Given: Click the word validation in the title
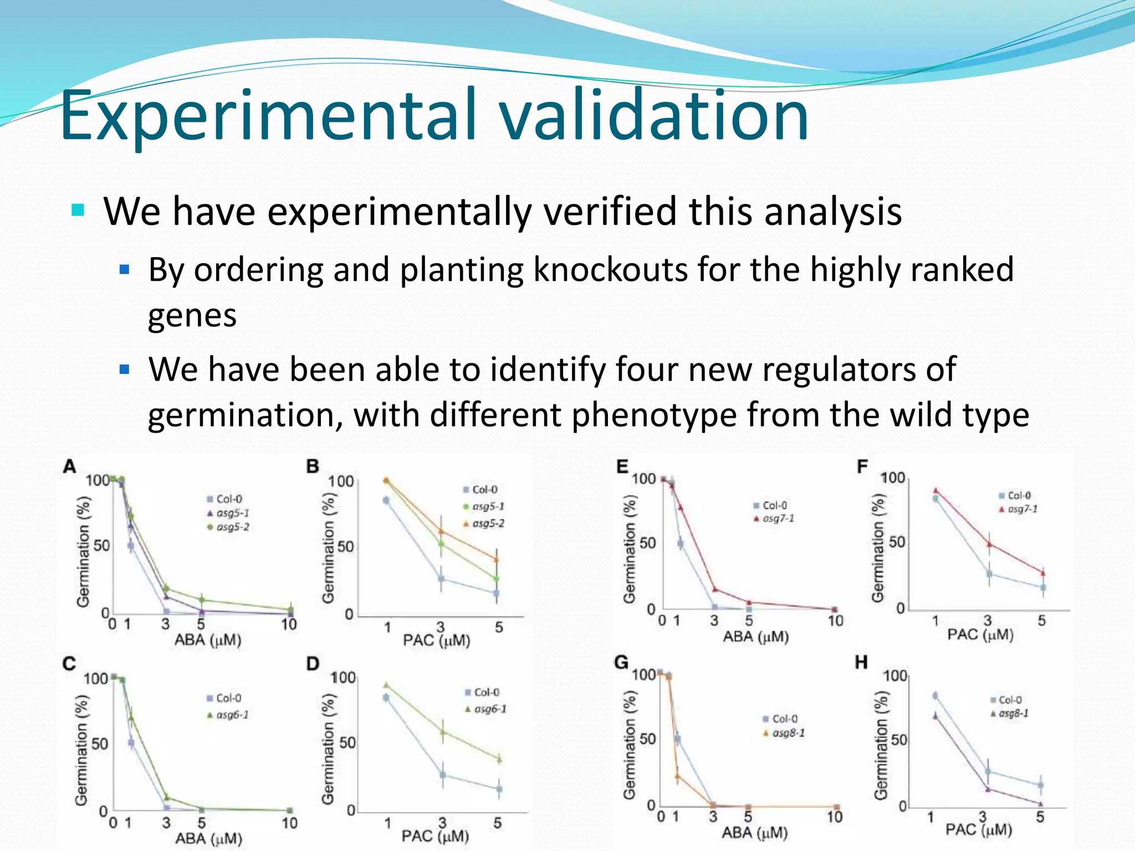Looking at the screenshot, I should point(653,115).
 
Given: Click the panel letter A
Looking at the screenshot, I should point(69,466).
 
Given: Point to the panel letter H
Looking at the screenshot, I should point(861,662).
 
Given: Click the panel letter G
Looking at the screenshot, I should point(622,662).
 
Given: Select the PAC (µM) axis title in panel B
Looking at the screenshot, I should point(436,641).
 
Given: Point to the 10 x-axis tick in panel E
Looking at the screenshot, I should point(835,621).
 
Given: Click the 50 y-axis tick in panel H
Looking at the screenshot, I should point(898,740).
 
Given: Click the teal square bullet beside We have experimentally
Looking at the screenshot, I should point(78,211).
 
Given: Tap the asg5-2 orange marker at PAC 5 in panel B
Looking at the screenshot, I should point(497,560).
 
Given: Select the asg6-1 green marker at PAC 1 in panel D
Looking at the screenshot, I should point(386,685).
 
